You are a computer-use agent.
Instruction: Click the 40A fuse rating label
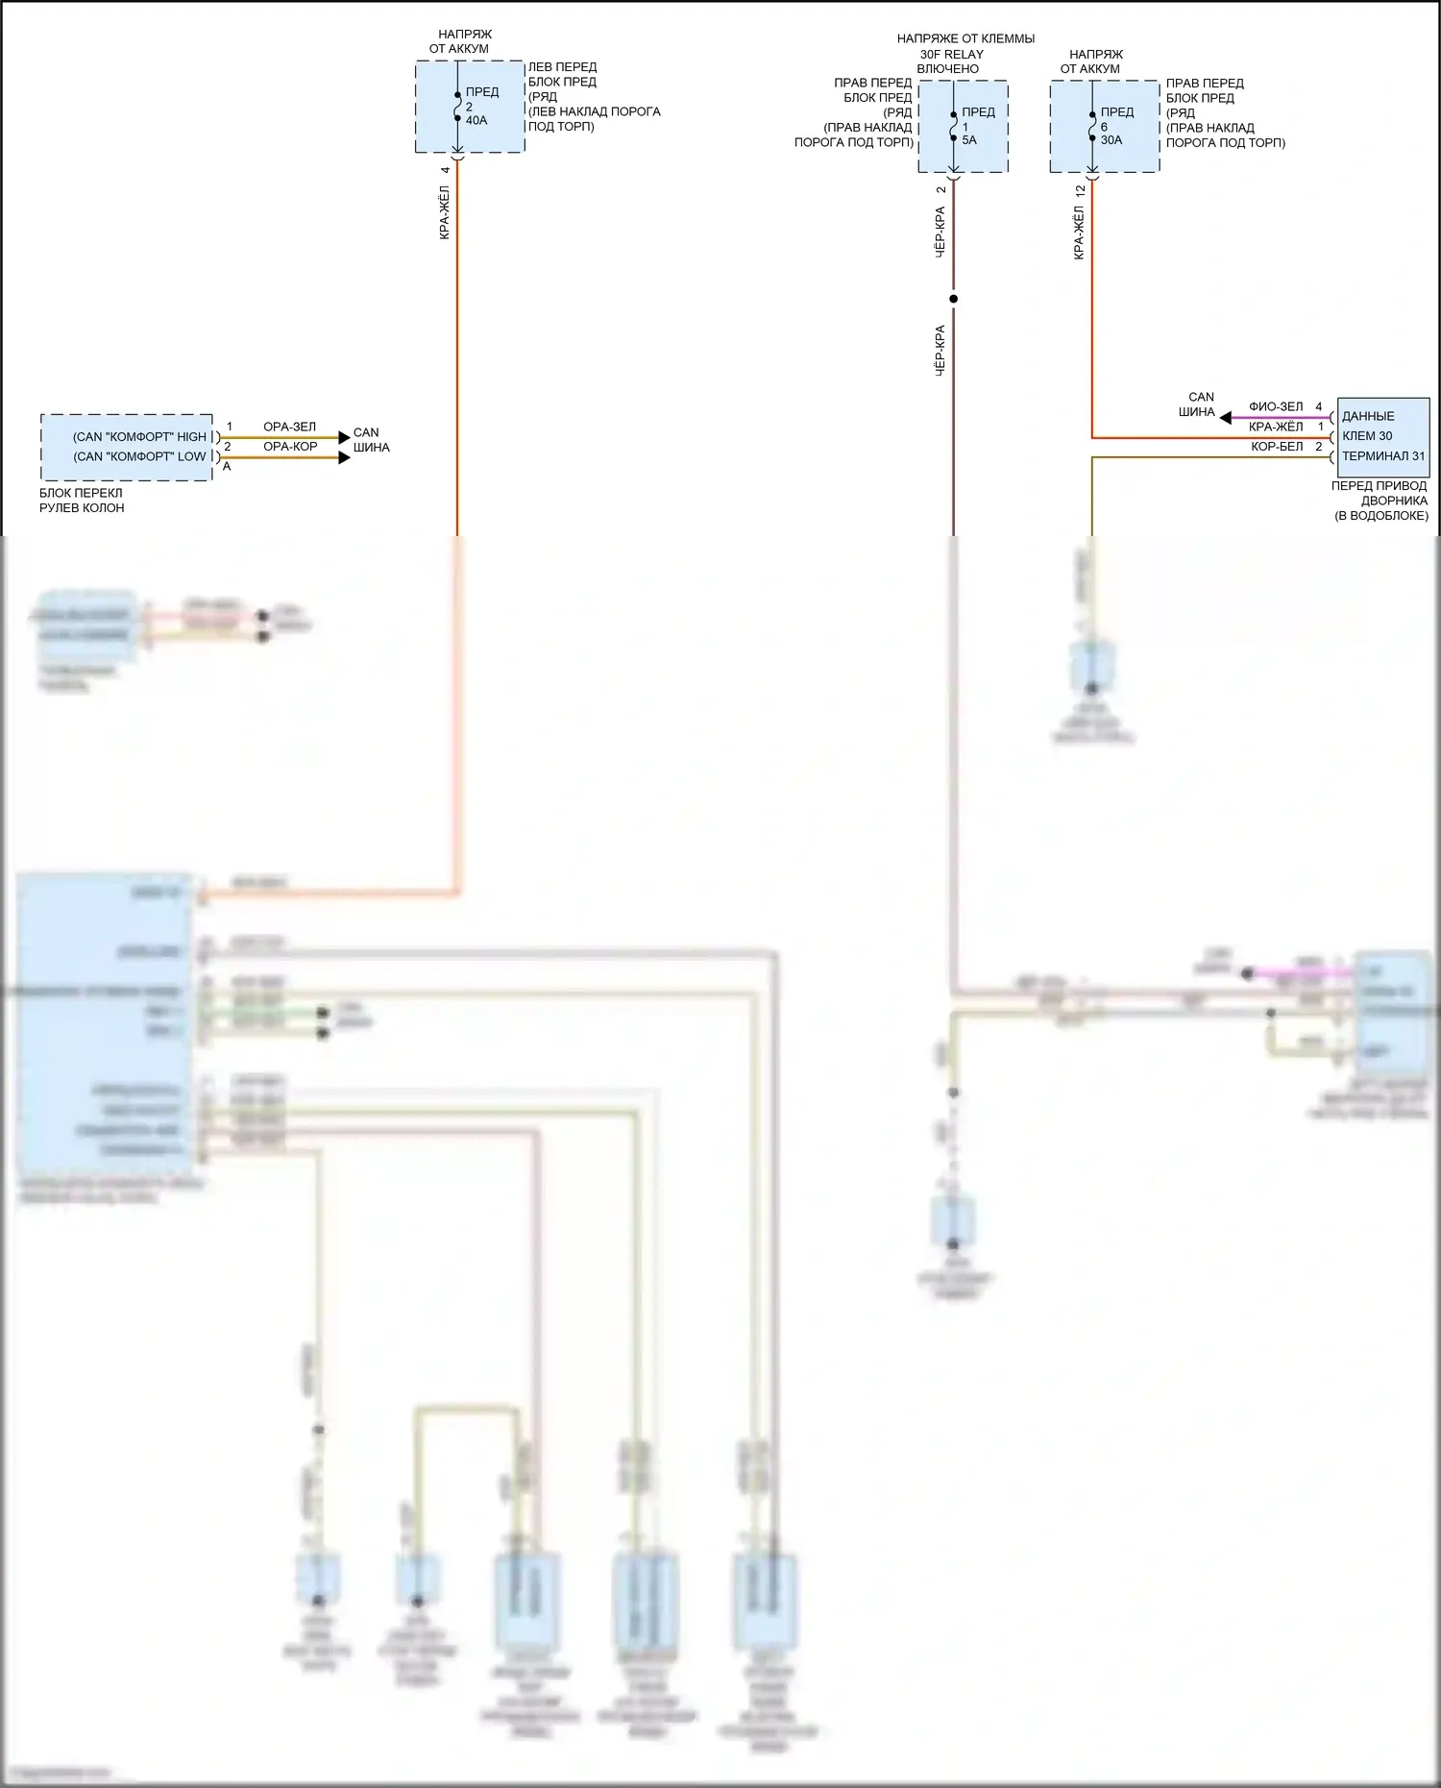pyautogui.click(x=476, y=121)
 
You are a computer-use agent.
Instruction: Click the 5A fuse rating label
pyautogui.click(x=969, y=140)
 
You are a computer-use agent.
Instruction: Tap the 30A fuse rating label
pyautogui.click(x=1111, y=140)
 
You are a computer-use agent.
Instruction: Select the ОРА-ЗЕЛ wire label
pyautogui.click(x=289, y=427)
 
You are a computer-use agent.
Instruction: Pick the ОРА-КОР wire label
pyautogui.click(x=290, y=447)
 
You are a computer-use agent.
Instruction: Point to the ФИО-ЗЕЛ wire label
pyautogui.click(x=1276, y=407)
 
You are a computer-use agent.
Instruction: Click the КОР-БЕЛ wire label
pyautogui.click(x=1277, y=447)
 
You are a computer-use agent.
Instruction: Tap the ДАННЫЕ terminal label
pyautogui.click(x=1368, y=416)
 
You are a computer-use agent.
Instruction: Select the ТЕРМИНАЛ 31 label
pyautogui.click(x=1382, y=456)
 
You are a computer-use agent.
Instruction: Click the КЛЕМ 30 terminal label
pyautogui.click(x=1367, y=436)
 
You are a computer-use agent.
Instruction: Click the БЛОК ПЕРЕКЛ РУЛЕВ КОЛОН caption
pyautogui.click(x=82, y=501)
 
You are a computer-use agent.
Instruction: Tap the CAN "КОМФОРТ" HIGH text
pyautogui.click(x=140, y=437)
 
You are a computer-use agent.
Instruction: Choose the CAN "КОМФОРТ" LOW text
pyautogui.click(x=140, y=457)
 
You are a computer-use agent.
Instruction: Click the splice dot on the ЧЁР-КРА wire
pyautogui.click(x=954, y=299)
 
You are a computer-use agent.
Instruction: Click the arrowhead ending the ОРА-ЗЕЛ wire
pyautogui.click(x=345, y=438)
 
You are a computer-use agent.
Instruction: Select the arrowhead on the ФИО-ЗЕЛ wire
pyautogui.click(x=1225, y=418)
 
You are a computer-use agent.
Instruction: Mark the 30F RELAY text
pyautogui.click(x=951, y=55)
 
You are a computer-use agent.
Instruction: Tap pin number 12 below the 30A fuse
pyautogui.click(x=1081, y=191)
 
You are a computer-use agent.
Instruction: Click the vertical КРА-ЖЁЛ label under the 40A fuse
pyautogui.click(x=445, y=212)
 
